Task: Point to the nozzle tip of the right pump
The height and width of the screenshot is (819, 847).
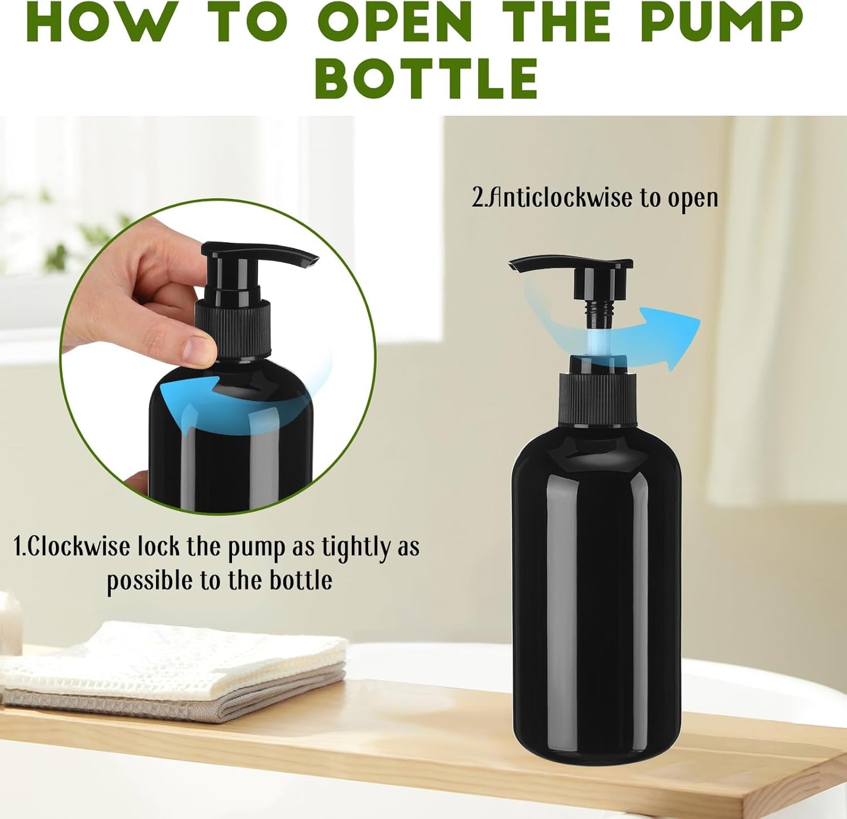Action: [x=515, y=266]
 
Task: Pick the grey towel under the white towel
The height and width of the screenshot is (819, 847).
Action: [x=176, y=704]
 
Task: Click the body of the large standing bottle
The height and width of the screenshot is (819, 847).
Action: [x=596, y=586]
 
